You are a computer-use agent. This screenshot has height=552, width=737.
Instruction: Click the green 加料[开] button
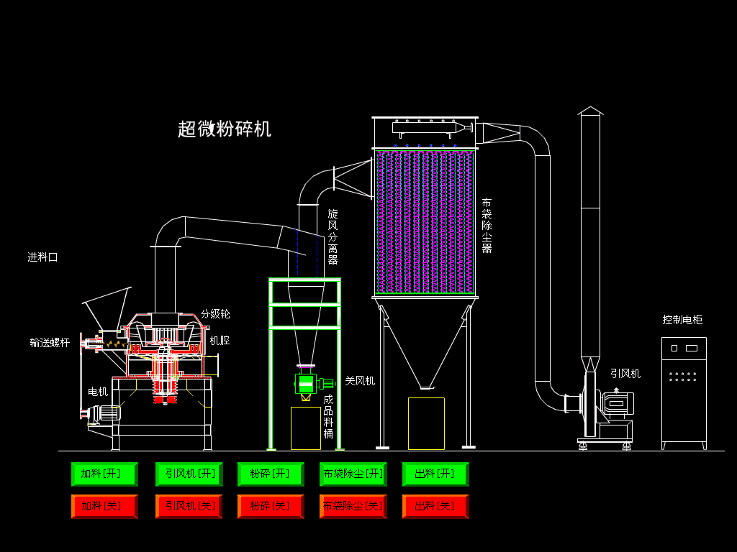(x=104, y=474)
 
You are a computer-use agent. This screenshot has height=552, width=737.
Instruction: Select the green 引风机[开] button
(x=189, y=474)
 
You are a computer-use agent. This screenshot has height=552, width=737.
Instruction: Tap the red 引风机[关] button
(x=189, y=506)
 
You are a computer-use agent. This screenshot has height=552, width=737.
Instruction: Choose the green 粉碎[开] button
(x=271, y=474)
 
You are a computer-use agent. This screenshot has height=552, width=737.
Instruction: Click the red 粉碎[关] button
(x=271, y=506)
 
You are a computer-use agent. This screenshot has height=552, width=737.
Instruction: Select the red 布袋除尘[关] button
(x=353, y=506)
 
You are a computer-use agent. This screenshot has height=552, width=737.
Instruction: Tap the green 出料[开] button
(x=435, y=474)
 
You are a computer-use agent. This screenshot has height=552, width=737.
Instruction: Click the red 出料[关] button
(x=435, y=506)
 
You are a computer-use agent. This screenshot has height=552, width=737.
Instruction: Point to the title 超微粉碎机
(x=225, y=129)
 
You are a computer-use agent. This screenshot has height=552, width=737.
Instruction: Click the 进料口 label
(x=42, y=257)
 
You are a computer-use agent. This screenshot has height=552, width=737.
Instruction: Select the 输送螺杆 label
(x=50, y=343)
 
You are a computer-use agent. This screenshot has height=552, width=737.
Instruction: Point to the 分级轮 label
(x=215, y=314)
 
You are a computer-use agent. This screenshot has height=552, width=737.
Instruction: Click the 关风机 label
(x=360, y=381)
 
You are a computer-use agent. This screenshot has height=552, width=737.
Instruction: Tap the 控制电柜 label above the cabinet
(x=682, y=320)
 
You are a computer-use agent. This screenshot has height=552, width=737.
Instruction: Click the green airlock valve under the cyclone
(x=306, y=384)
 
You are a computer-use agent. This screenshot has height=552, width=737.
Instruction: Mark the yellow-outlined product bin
(x=306, y=428)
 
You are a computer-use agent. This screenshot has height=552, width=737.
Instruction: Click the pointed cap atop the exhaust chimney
(x=590, y=111)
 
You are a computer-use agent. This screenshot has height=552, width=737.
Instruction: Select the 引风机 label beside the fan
(x=625, y=374)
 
